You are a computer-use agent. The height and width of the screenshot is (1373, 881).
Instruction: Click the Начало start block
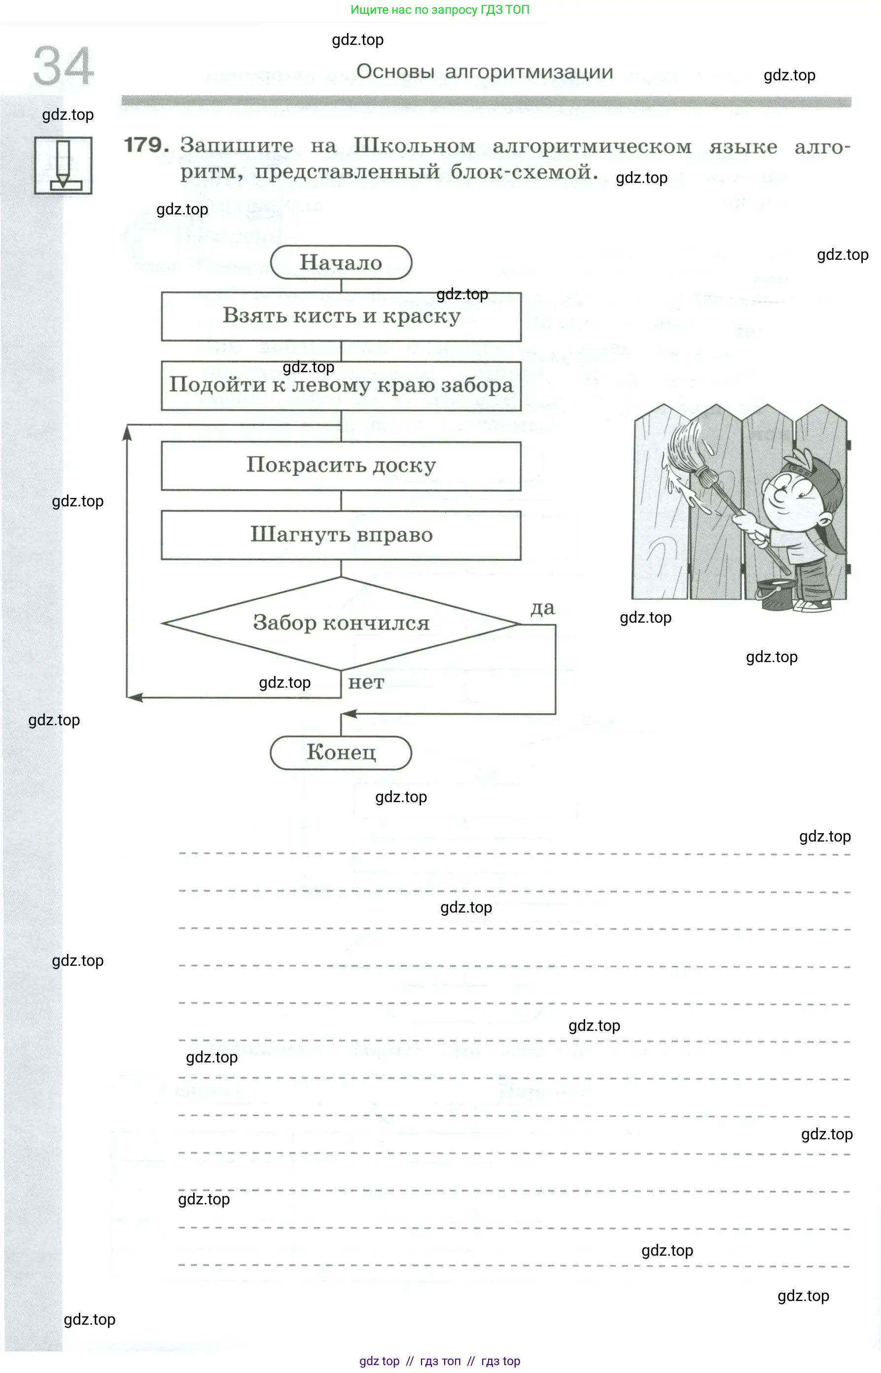pos(341,263)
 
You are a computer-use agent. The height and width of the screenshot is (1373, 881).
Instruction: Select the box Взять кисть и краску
pos(341,317)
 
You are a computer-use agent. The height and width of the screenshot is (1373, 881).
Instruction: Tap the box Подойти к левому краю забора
pos(341,385)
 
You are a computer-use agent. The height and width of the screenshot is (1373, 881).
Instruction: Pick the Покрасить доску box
pos(341,466)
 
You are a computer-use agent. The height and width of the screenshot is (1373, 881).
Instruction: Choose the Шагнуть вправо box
pos(341,535)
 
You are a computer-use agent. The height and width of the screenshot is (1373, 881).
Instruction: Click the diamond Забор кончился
pos(341,623)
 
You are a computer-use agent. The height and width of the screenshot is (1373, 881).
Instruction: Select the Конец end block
pos(341,752)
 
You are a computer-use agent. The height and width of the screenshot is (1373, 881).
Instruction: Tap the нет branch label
pos(366,682)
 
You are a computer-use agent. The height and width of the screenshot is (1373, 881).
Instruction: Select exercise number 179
pos(146,145)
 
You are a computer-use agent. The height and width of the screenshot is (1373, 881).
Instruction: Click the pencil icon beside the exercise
pos(63,165)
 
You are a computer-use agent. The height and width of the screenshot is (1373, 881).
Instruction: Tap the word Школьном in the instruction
pos(414,146)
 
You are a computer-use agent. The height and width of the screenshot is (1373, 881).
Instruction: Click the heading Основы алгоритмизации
pos(485,72)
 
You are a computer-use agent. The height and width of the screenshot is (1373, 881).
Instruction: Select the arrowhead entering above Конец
pos(349,713)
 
